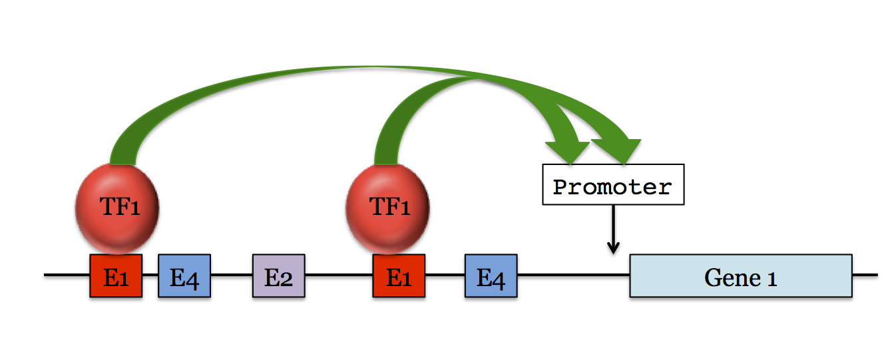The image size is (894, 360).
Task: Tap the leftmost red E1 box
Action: (x=116, y=275)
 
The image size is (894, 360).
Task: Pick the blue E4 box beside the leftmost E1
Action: (x=184, y=275)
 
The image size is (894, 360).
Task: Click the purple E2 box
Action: (x=278, y=275)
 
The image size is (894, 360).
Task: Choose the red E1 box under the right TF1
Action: (x=399, y=275)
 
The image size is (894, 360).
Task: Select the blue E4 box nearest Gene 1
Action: (x=491, y=275)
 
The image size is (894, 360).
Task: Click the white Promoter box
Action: (x=612, y=186)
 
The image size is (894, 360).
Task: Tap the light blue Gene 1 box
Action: (x=740, y=275)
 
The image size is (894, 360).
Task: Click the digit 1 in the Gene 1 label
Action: (x=772, y=277)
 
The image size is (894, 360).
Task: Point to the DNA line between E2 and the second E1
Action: (x=338, y=275)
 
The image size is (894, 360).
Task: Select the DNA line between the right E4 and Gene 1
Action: (x=572, y=275)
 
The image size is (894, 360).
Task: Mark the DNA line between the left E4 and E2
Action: (x=232, y=275)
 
